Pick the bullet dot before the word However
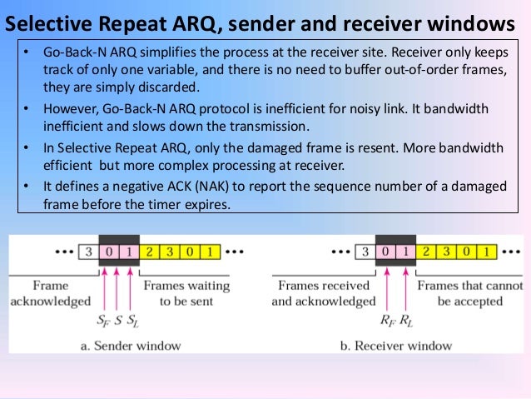(26, 110)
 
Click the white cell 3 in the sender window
(87, 251)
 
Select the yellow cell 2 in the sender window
(149, 251)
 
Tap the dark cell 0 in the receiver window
(385, 251)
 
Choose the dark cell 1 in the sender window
(128, 251)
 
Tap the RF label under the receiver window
(386, 318)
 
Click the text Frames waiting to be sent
(186, 293)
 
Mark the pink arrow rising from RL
(405, 287)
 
